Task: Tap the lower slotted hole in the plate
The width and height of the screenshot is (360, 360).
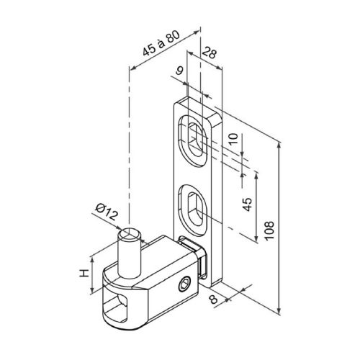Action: [x=193, y=207]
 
